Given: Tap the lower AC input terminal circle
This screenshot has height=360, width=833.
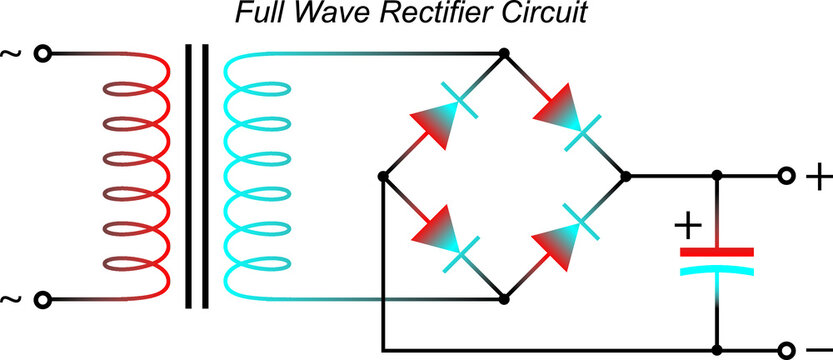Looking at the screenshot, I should click(43, 299).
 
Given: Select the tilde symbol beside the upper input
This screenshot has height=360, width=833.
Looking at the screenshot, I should click(13, 52).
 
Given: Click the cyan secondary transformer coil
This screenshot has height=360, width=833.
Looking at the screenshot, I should click(250, 175).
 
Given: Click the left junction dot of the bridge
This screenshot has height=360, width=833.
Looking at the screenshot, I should click(382, 176).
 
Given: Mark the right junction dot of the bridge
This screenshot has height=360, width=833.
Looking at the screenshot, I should click(626, 176).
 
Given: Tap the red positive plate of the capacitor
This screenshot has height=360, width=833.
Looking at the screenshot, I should click(717, 251).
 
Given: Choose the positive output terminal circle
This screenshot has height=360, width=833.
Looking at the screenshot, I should click(788, 176).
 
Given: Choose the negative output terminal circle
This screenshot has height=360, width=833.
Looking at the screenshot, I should click(788, 350).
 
